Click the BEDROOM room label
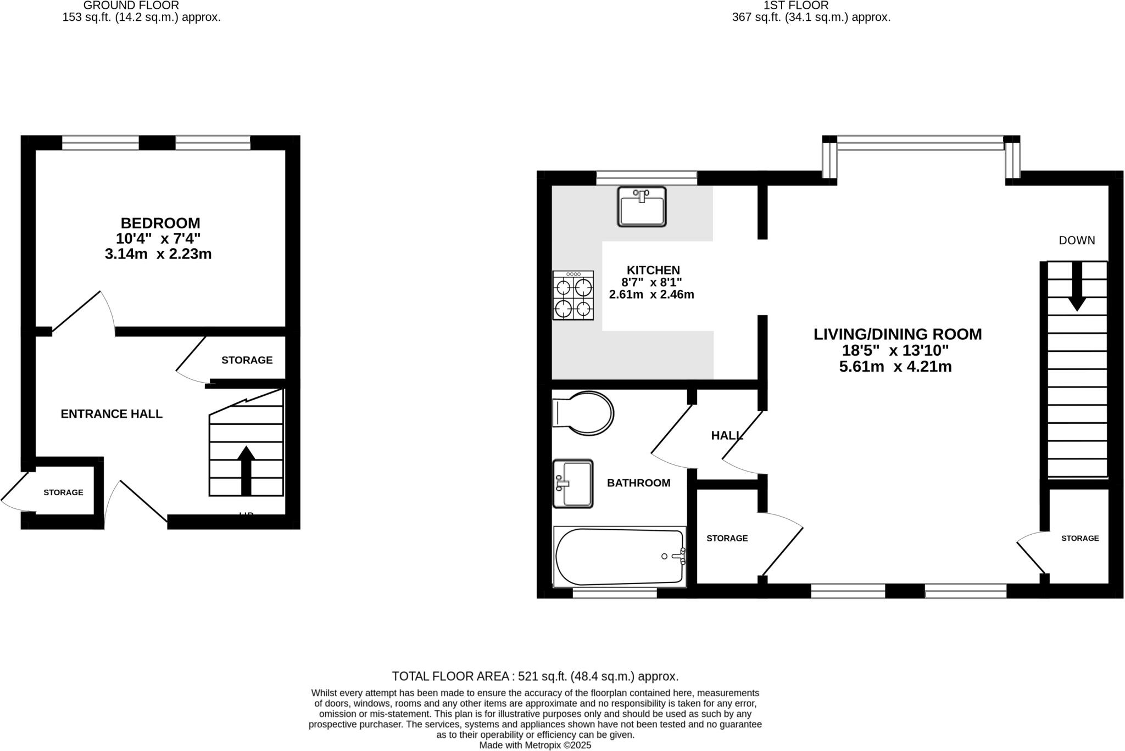[160, 223]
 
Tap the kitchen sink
[641, 206]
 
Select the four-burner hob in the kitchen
[573, 295]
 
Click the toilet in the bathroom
[583, 413]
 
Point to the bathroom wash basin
[572, 484]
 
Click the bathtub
[620, 557]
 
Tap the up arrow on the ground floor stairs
[246, 470]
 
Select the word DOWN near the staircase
[1077, 240]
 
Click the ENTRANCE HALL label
[112, 414]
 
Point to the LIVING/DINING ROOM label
[898, 334]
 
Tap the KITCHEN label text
[653, 270]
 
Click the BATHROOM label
[638, 483]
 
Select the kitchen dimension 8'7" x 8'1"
[651, 282]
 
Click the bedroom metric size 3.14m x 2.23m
[158, 254]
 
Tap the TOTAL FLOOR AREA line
[535, 676]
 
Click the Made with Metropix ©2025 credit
[535, 745]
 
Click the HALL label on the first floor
[727, 436]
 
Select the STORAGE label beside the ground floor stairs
[247, 360]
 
